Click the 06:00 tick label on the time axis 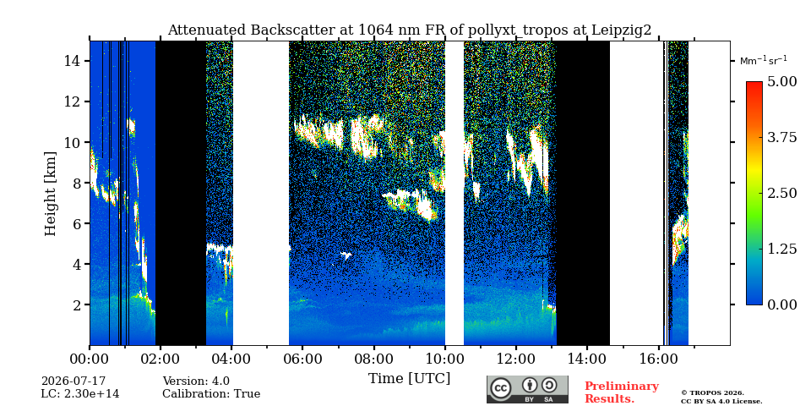[302, 359]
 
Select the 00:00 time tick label [90, 359]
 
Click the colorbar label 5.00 [782, 81]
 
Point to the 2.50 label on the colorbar [782, 193]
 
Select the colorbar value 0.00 [782, 304]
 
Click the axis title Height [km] [50, 194]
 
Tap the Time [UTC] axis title [409, 379]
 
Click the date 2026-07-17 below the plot [73, 381]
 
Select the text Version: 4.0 [196, 381]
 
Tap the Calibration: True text [211, 394]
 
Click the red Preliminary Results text [622, 392]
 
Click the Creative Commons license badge [527, 389]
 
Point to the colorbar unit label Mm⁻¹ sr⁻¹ [764, 60]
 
